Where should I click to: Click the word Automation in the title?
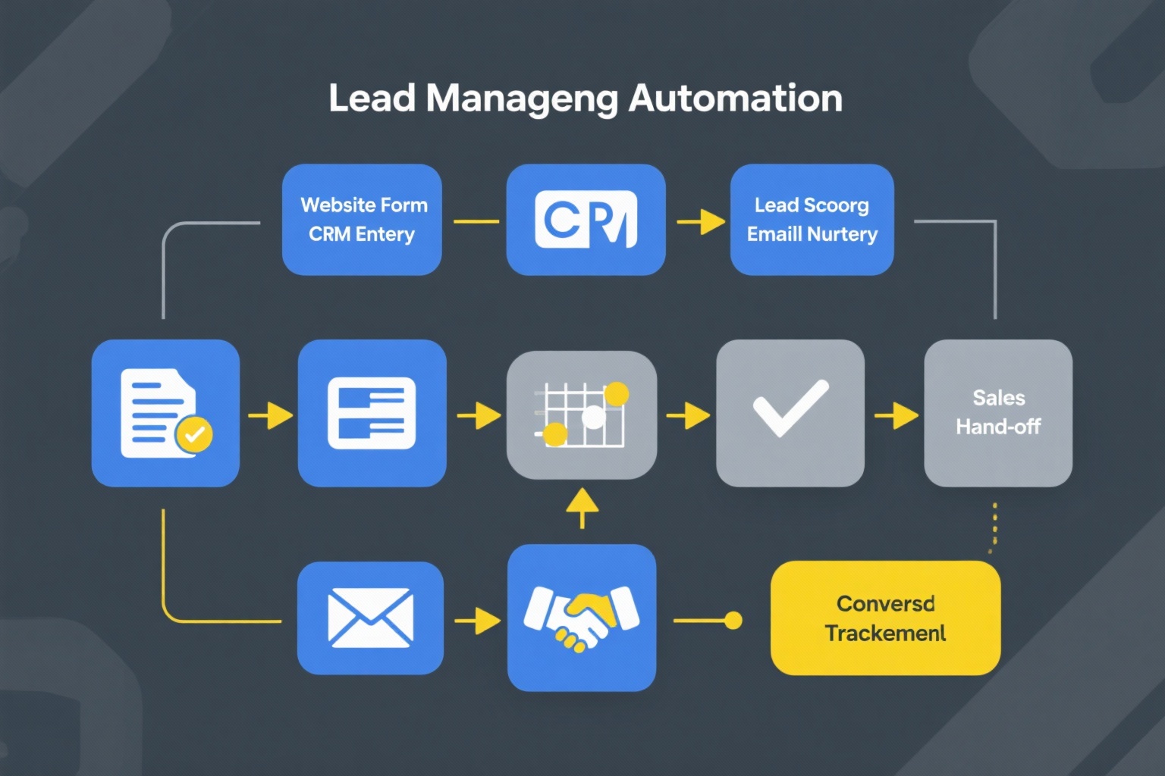pos(736,99)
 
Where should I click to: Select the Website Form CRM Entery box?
pos(362,220)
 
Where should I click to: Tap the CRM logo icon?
pos(586,220)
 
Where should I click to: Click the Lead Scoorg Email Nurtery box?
pos(812,220)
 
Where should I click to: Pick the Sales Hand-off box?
pos(998,413)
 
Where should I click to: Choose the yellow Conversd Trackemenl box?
pos(885,618)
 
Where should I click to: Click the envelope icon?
pos(370,618)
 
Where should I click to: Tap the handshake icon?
pos(581,618)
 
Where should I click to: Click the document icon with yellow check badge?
pos(164,413)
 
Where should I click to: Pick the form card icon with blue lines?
pos(372,413)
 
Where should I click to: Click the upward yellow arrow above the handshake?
pos(582,506)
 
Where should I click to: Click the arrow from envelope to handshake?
pos(477,621)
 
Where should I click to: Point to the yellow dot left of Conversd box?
pos(733,621)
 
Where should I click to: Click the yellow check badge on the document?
pos(194,434)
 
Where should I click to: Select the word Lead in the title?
pos(372,99)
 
